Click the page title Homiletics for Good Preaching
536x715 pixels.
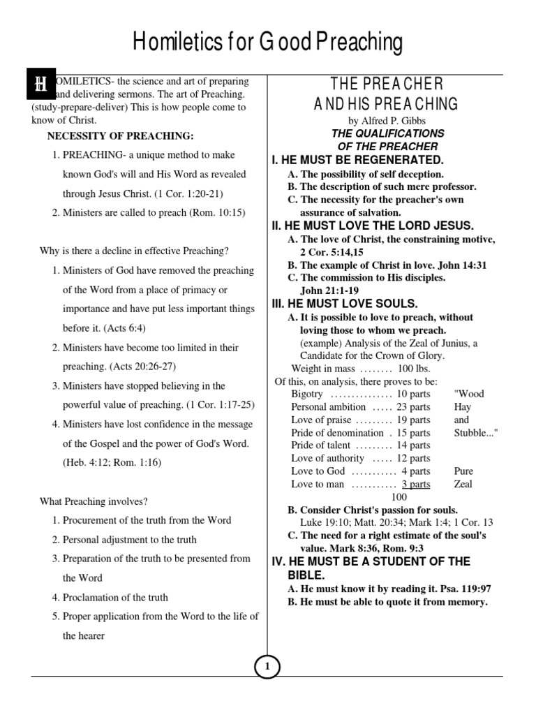[268, 43]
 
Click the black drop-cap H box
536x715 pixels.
[42, 85]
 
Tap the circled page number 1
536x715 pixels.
[267, 668]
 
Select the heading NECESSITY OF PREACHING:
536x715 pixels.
[116, 135]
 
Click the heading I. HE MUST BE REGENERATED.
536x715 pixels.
[357, 161]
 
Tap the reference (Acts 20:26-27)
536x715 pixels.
[151, 367]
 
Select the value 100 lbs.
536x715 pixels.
[414, 368]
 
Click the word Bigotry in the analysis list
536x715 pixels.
[307, 394]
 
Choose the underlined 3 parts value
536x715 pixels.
[416, 484]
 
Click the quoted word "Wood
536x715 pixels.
[468, 394]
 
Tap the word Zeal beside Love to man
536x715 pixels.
[463, 484]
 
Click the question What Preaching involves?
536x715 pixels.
[94, 501]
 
